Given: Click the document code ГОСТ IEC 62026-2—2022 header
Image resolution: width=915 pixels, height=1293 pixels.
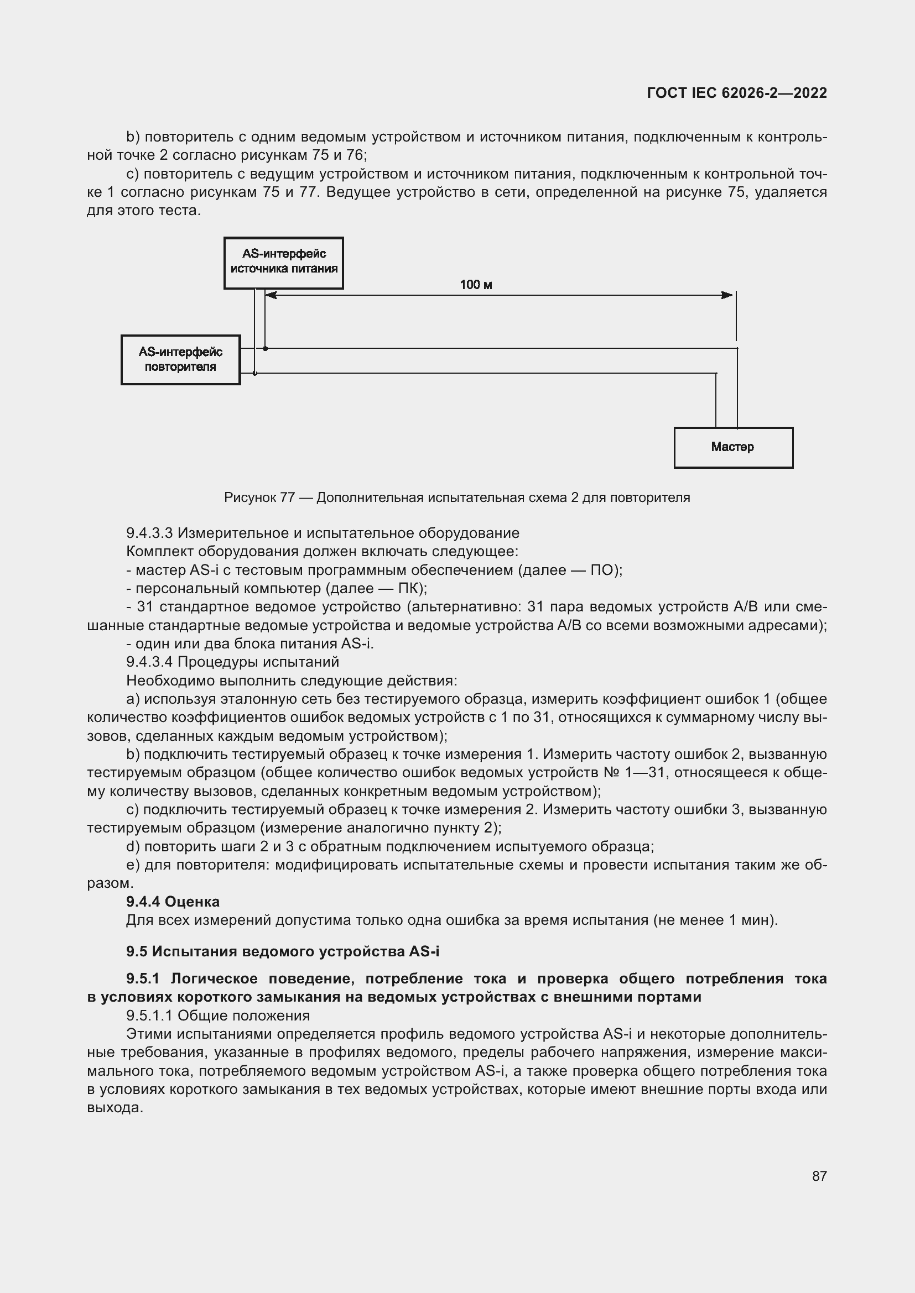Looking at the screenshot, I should tap(736, 93).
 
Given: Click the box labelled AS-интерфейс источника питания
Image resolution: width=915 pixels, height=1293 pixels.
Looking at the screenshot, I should tap(283, 263).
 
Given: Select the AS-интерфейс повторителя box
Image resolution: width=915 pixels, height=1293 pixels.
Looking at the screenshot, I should tap(180, 360).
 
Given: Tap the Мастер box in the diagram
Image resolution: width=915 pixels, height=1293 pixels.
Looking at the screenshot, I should tap(733, 447).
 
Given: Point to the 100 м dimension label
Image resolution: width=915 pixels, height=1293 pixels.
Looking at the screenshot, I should tap(476, 285).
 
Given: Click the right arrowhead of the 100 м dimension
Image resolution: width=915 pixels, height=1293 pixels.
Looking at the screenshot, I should tap(728, 295).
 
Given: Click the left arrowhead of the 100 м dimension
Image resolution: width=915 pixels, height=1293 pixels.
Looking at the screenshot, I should tap(271, 295).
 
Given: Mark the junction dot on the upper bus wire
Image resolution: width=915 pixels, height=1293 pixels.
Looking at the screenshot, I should tap(266, 349).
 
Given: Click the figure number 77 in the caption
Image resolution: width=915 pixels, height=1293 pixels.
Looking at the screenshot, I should tap(287, 498).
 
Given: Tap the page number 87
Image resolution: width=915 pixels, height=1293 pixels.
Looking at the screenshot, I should tap(819, 1176).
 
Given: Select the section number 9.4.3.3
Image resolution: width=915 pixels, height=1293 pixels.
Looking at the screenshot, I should tap(149, 533).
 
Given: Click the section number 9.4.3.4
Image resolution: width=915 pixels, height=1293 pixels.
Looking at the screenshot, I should tap(149, 662).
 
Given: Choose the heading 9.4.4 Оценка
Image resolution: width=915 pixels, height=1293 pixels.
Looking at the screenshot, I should tap(173, 902).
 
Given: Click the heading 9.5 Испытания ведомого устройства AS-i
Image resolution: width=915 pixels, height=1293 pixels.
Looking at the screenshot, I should tap(282, 951).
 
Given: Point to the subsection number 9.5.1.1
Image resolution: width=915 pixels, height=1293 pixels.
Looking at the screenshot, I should tap(149, 1016).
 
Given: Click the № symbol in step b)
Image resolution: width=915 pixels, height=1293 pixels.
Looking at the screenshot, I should tap(612, 773).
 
